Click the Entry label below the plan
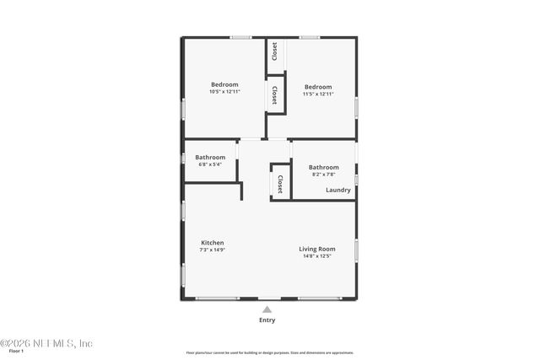pos(267,320)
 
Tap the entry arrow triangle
pos(267,309)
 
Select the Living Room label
pos(317,249)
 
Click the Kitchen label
pos(212,243)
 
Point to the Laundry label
pos(338,190)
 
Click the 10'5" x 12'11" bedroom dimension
pos(224,91)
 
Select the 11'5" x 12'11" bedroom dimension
pos(318,94)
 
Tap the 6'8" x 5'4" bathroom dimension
pos(210,164)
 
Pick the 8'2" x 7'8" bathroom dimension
pos(323,175)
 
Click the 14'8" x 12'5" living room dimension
pos(317,256)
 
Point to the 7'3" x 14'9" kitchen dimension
pos(212,250)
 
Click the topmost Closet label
pos(275,51)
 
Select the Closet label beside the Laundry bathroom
pos(279,184)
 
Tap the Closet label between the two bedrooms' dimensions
pos(275,94)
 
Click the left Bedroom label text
pos(224,84)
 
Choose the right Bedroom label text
pos(318,87)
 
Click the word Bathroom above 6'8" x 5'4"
pos(210,157)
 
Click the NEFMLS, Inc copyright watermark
pos(46,343)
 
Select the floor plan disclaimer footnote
pos(270,352)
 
